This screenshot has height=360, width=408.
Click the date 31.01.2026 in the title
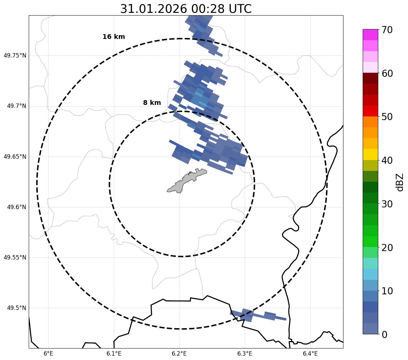point(153,9)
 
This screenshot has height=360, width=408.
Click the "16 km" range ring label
point(114,37)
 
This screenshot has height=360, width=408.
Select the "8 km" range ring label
point(152,103)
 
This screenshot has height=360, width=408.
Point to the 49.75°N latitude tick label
point(15,55)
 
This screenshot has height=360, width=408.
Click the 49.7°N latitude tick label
point(17,106)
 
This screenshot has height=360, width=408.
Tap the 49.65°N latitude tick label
point(15,157)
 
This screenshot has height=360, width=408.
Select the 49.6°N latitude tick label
point(17,207)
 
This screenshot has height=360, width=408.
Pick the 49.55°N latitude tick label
point(15,257)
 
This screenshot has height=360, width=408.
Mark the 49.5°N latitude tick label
point(17,308)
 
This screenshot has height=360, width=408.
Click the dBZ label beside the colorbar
point(400,182)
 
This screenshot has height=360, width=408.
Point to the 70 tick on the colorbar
point(387,30)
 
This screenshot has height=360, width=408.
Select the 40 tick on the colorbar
point(387,160)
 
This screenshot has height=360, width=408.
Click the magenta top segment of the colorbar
point(370,35)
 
